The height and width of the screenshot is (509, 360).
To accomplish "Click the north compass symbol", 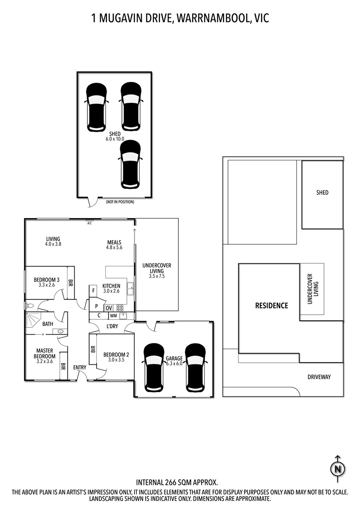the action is [x=338, y=469].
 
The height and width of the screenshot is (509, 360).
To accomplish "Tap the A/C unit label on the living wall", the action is [x=90, y=224].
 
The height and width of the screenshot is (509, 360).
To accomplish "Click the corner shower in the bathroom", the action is [x=33, y=319].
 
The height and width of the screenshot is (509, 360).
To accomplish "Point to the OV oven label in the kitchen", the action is [x=109, y=308].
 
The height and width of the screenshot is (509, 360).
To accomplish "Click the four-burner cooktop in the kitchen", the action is [x=120, y=308].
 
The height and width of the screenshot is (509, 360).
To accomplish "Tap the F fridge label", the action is [x=93, y=291].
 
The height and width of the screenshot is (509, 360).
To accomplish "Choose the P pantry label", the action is [x=96, y=306].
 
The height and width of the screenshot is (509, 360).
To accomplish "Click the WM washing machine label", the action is [x=113, y=316].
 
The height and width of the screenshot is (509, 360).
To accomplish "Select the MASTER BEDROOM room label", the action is [x=45, y=353].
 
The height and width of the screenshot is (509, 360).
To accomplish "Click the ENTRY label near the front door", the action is [x=79, y=367].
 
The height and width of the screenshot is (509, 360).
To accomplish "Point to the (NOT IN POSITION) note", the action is [x=120, y=202].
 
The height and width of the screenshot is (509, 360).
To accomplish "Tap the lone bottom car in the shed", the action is [x=130, y=164].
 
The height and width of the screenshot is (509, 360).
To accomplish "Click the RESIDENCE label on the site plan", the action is [x=272, y=305].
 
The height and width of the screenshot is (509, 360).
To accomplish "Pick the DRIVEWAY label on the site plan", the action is [x=319, y=377].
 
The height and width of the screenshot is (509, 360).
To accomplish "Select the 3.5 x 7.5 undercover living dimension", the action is [x=157, y=276].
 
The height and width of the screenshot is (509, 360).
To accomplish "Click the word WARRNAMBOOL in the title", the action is [x=213, y=18].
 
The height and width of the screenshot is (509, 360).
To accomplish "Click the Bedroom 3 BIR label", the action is [x=70, y=282].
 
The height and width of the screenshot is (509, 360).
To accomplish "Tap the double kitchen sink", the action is [x=130, y=288].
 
